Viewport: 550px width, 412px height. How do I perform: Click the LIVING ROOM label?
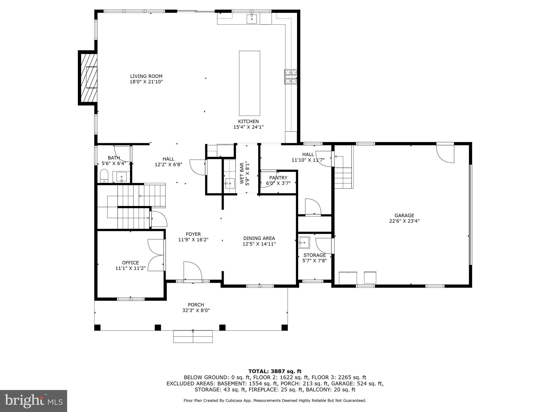click(x=146, y=76)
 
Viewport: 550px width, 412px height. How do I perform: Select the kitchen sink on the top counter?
click(x=252, y=19)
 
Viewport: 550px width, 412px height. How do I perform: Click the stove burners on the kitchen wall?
click(x=291, y=77)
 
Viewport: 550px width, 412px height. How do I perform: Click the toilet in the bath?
click(x=104, y=176)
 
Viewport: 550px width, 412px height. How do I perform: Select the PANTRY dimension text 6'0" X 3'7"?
click(x=278, y=183)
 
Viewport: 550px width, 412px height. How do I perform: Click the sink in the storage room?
click(x=304, y=242)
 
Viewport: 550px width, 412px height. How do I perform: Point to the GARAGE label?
click(x=404, y=215)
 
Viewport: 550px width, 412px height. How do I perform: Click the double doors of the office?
click(x=156, y=255)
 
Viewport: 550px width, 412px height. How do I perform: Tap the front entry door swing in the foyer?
click(x=192, y=271)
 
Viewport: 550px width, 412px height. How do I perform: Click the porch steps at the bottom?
click(x=193, y=337)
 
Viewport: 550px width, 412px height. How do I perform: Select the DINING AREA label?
click(x=259, y=238)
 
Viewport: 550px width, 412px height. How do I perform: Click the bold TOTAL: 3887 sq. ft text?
click(x=275, y=371)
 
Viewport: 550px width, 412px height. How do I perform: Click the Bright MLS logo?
click(x=34, y=401)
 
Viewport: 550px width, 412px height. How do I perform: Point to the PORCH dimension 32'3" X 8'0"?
click(x=196, y=310)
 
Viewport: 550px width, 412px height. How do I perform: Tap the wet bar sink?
click(x=230, y=183)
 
